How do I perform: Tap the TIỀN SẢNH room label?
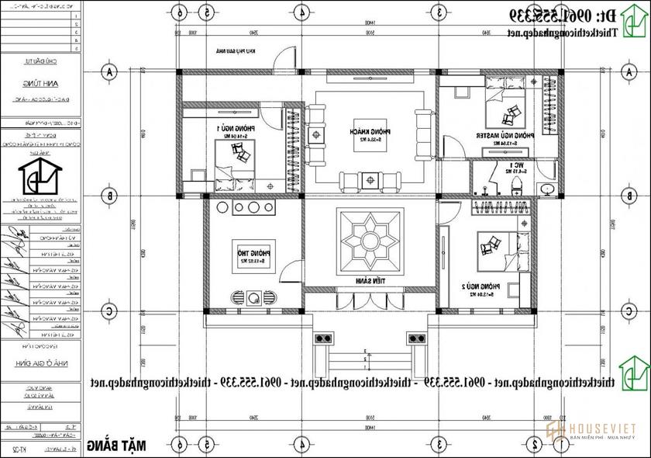click(x=370, y=281)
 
